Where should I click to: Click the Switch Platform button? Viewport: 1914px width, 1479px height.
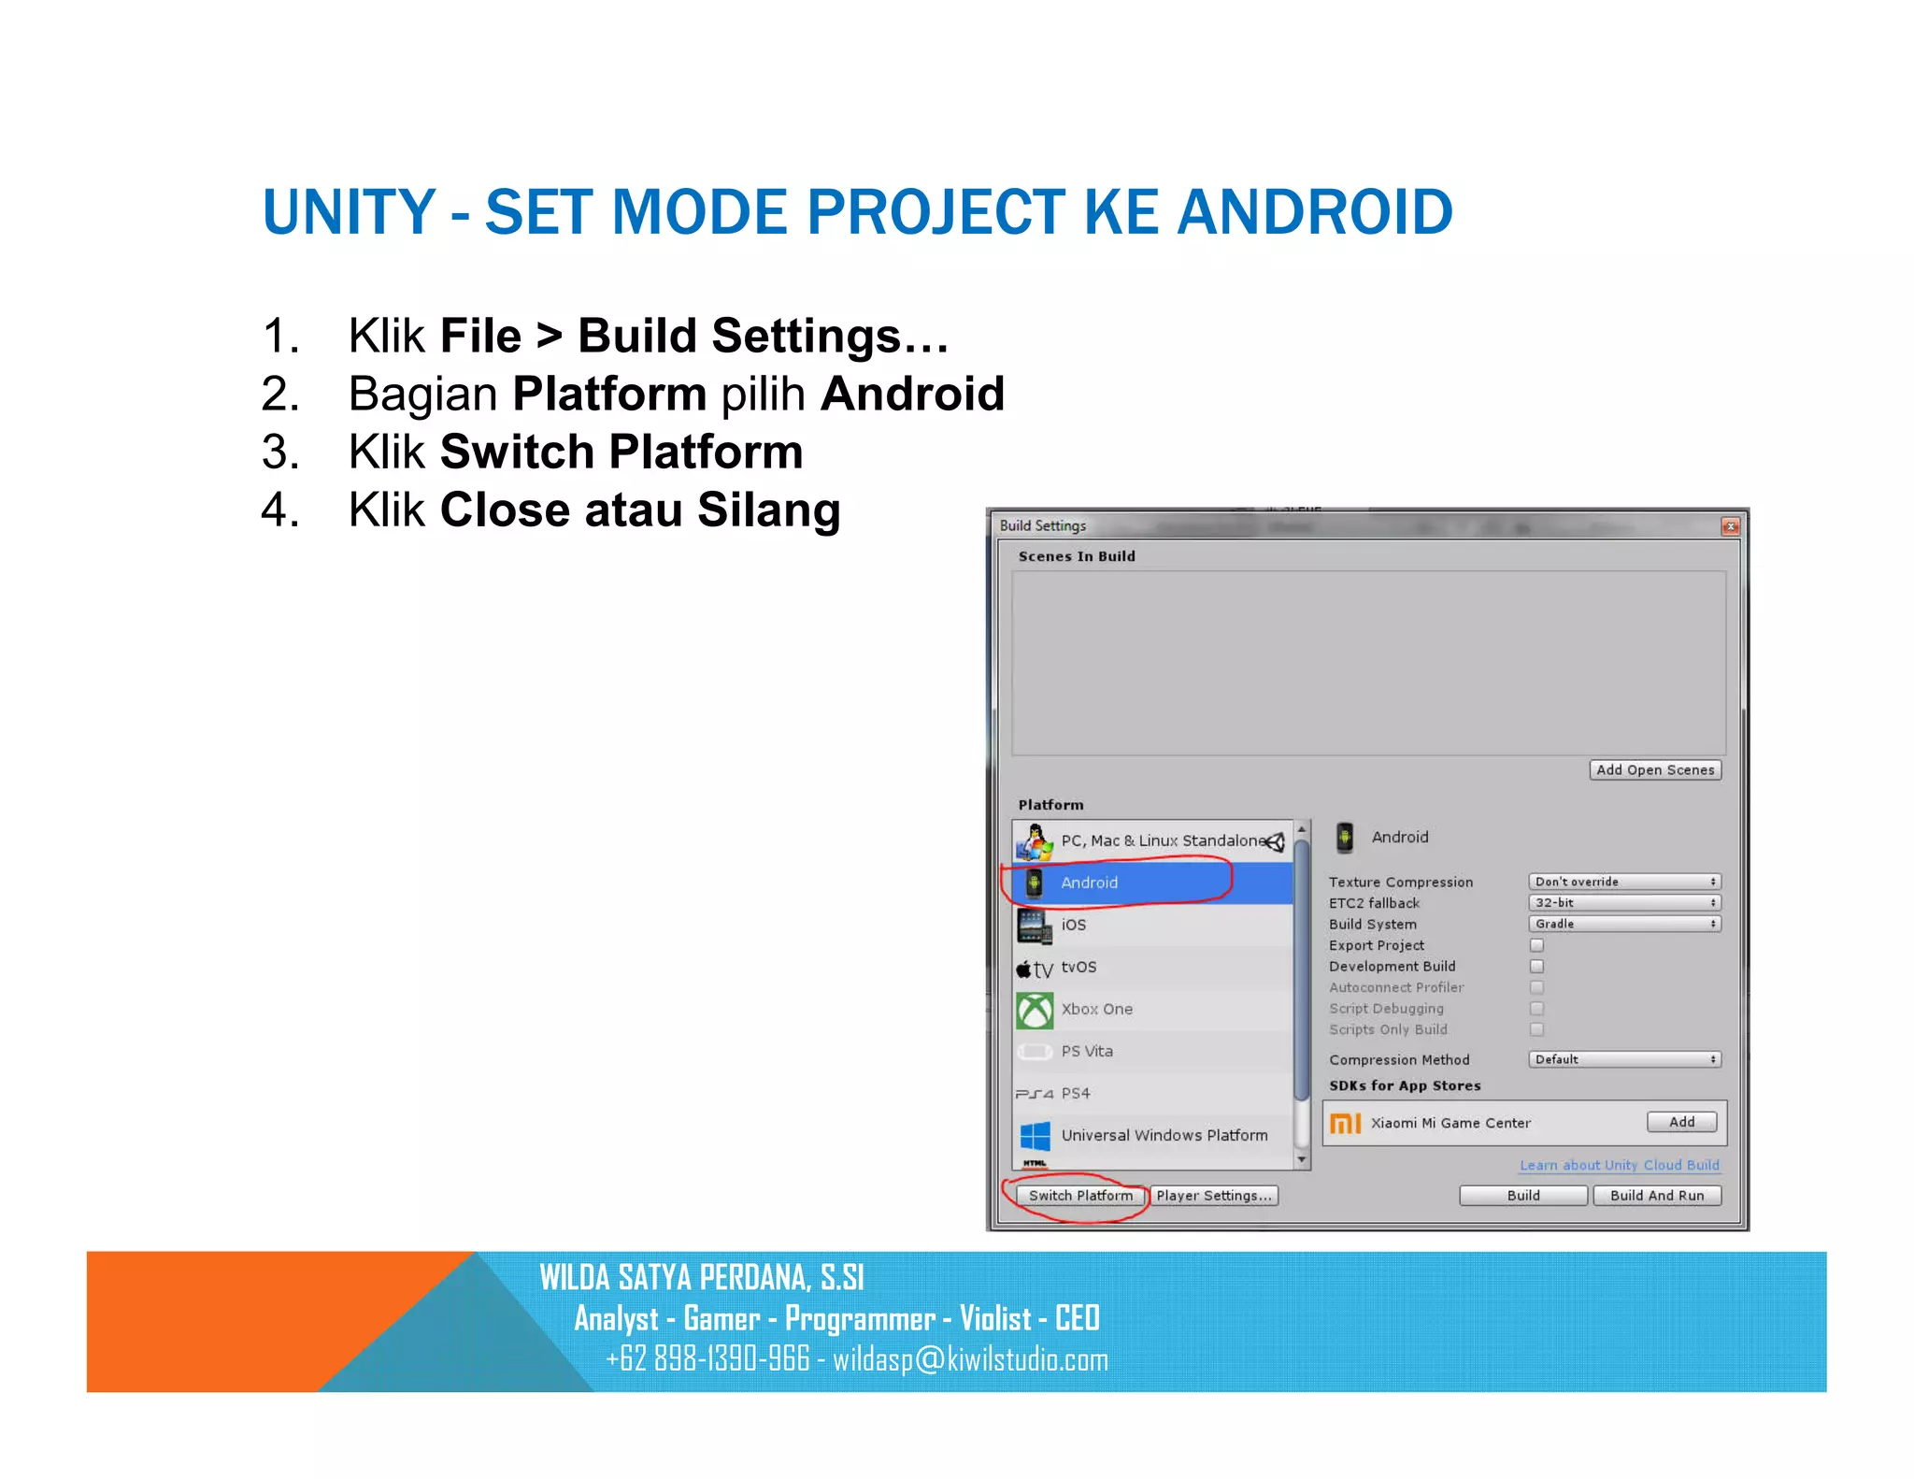point(1080,1196)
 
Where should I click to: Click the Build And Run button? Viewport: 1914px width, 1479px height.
point(1656,1196)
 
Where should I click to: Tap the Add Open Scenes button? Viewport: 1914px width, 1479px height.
point(1654,770)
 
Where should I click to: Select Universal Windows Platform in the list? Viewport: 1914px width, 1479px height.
point(1164,1136)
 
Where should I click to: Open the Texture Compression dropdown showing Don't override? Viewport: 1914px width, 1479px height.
point(1624,882)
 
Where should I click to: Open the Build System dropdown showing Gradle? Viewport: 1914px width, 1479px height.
point(1624,924)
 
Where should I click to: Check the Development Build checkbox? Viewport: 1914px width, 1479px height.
point(1536,967)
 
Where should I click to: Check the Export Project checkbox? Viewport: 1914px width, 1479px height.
point(1536,945)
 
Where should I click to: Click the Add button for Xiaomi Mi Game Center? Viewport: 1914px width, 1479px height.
point(1681,1122)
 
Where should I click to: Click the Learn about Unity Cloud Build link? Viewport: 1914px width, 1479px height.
point(1619,1165)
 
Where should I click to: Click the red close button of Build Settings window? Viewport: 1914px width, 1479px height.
point(1730,526)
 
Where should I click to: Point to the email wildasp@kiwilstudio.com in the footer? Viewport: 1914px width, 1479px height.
point(970,1359)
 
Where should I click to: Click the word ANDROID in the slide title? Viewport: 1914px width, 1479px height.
point(1314,212)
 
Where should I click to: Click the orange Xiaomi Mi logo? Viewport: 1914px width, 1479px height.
point(1345,1123)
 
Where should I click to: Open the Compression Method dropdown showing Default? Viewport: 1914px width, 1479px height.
point(1624,1059)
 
